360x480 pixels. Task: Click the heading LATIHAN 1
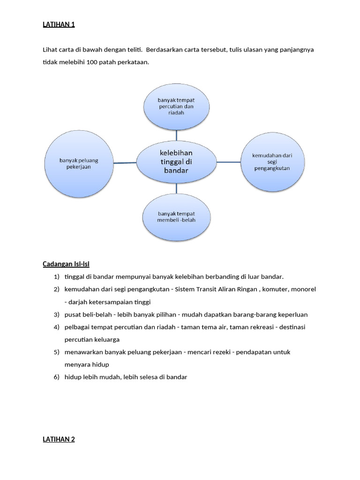click(x=59, y=24)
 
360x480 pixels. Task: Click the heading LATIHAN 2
click(x=59, y=439)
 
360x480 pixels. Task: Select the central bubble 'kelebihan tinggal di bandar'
click(x=176, y=162)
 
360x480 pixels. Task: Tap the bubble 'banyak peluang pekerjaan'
click(x=79, y=163)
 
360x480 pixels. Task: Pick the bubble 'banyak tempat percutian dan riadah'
click(x=176, y=106)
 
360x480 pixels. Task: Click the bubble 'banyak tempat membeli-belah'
click(x=176, y=217)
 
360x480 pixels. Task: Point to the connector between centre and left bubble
click(x=125, y=163)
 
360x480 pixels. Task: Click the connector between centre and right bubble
click(x=228, y=162)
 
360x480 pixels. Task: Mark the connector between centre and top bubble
click(x=177, y=135)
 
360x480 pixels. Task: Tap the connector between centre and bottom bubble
click(x=177, y=188)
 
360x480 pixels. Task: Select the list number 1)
click(x=57, y=277)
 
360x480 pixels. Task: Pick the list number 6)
click(x=57, y=377)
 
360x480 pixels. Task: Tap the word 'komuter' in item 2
click(x=276, y=289)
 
